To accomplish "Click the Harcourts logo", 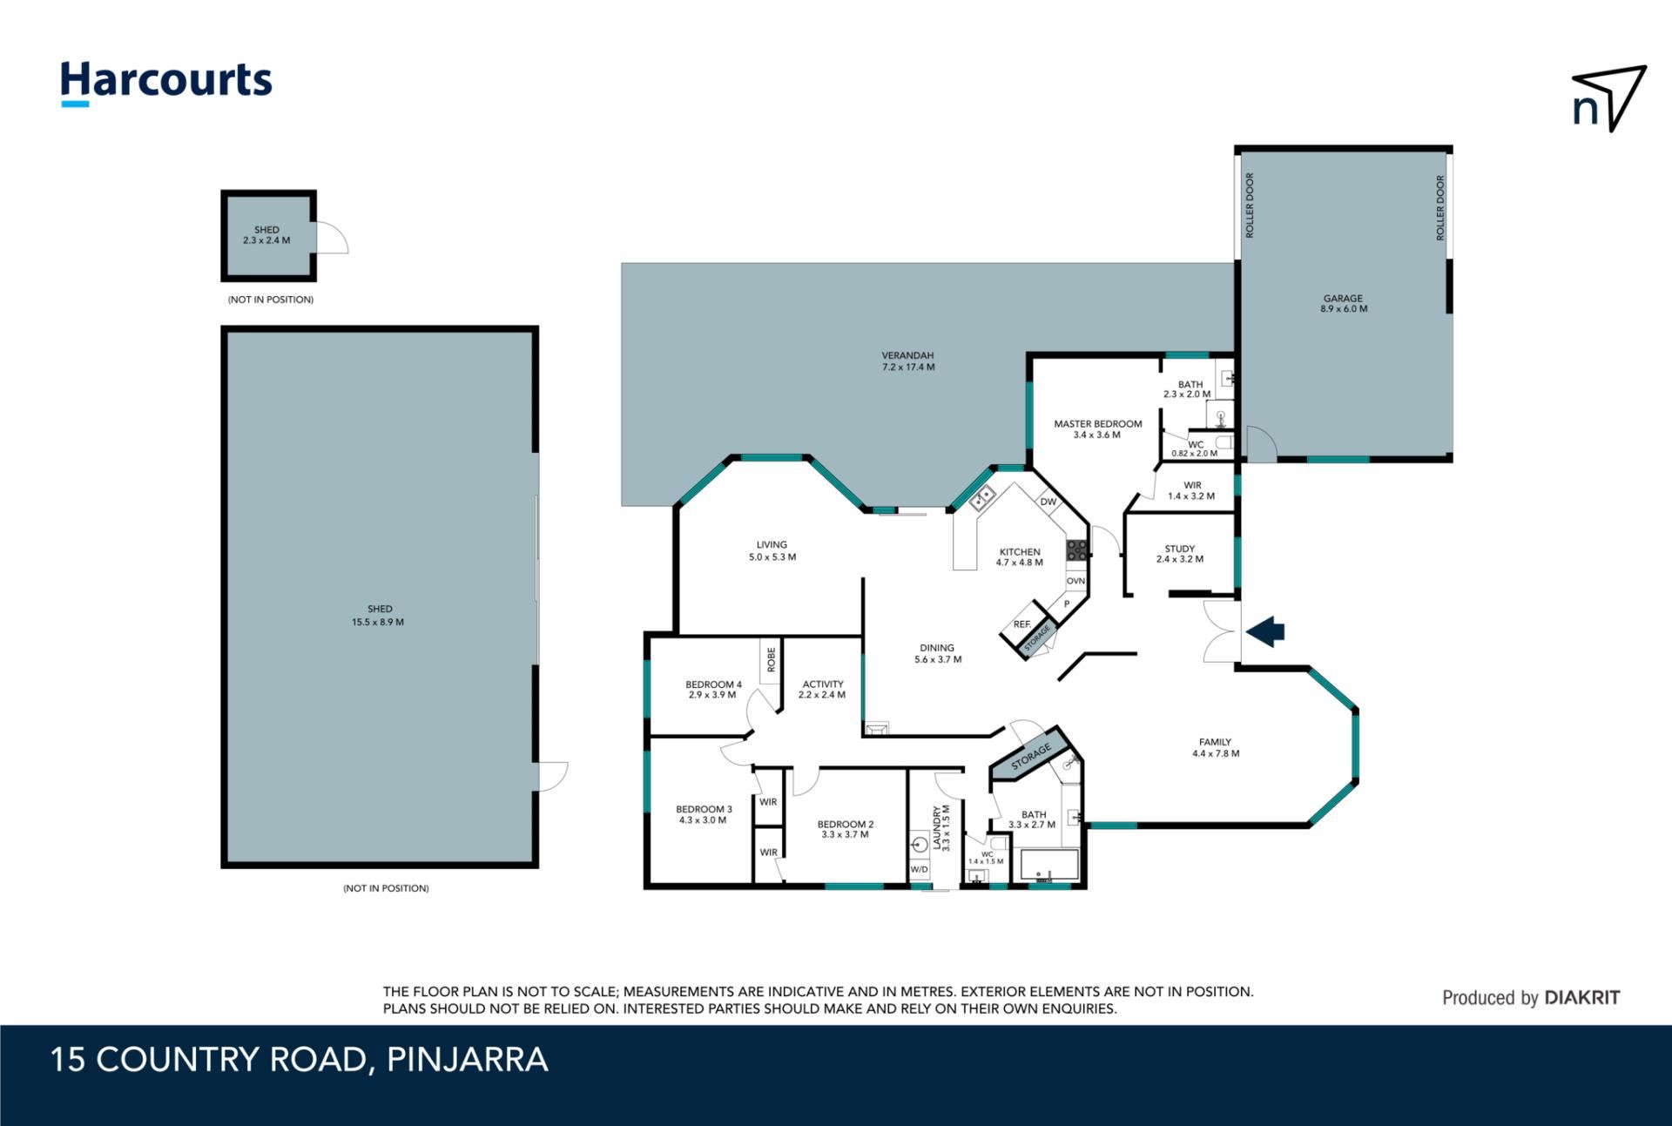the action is click(165, 84).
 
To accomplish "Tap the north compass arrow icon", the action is click(1608, 98).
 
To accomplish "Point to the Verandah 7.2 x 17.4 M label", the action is click(907, 361).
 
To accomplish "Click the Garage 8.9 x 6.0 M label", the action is click(1343, 303).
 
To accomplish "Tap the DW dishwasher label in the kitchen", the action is click(1048, 502).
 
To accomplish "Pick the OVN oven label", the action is click(1075, 581).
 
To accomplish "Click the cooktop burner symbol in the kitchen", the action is click(1077, 550).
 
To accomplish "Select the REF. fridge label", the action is click(1022, 624).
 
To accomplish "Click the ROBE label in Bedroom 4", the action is click(771, 659).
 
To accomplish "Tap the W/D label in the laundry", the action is click(919, 869).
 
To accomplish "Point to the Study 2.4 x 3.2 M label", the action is click(1180, 554).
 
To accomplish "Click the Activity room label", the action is click(822, 690).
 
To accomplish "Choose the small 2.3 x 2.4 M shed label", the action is click(266, 235).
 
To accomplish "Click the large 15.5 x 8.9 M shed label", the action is click(378, 616).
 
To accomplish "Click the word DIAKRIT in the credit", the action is click(1581, 998).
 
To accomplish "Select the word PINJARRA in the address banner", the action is click(468, 1060).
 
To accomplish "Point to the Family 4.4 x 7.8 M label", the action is click(1216, 748).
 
